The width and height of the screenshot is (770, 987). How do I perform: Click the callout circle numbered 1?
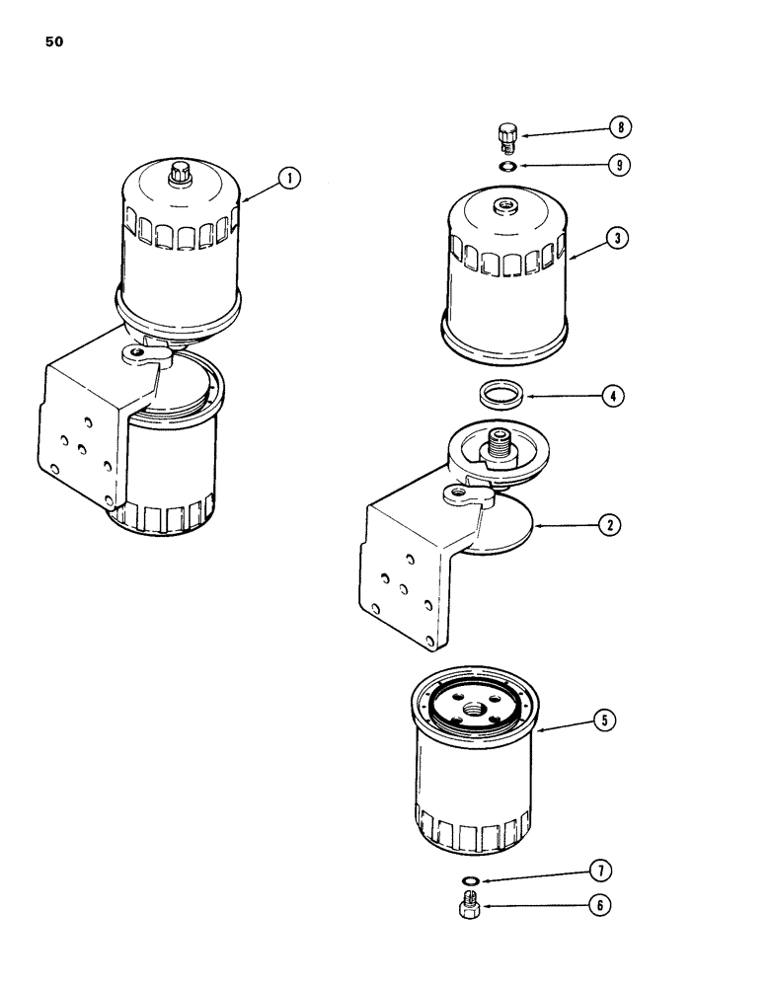288,179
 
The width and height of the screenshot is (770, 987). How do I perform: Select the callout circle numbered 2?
611,526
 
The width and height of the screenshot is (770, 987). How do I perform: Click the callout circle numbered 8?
619,127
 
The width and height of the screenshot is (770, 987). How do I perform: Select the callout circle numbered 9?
619,165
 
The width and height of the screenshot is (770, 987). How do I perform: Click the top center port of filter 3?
506,206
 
